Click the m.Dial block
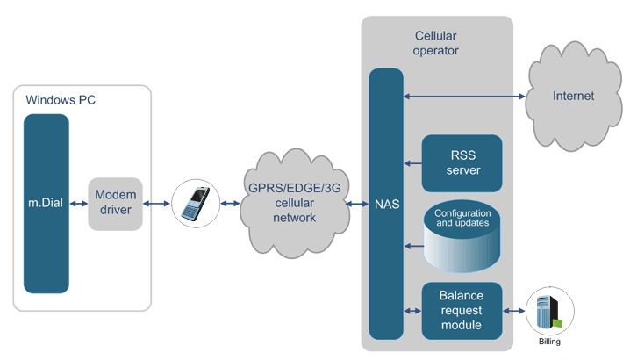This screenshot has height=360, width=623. pyautogui.click(x=46, y=204)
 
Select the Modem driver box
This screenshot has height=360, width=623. pyautogui.click(x=115, y=204)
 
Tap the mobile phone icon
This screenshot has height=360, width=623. pyautogui.click(x=194, y=204)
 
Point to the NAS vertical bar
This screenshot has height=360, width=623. pyautogui.click(x=386, y=204)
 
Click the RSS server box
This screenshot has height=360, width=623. pyautogui.click(x=462, y=162)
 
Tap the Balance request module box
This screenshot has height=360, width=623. pyautogui.click(x=462, y=311)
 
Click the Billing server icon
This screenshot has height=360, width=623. pyautogui.click(x=548, y=311)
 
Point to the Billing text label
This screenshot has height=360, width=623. pyautogui.click(x=548, y=342)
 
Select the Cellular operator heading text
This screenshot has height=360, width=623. pyautogui.click(x=436, y=43)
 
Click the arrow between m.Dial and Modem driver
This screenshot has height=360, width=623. pyautogui.click(x=78, y=204)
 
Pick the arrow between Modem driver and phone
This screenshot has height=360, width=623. pyautogui.click(x=156, y=204)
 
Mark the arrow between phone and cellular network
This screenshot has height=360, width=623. pyautogui.click(x=230, y=204)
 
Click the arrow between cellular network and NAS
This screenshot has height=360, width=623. pyautogui.click(x=357, y=204)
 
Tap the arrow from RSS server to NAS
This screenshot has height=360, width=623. pyautogui.click(x=412, y=162)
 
